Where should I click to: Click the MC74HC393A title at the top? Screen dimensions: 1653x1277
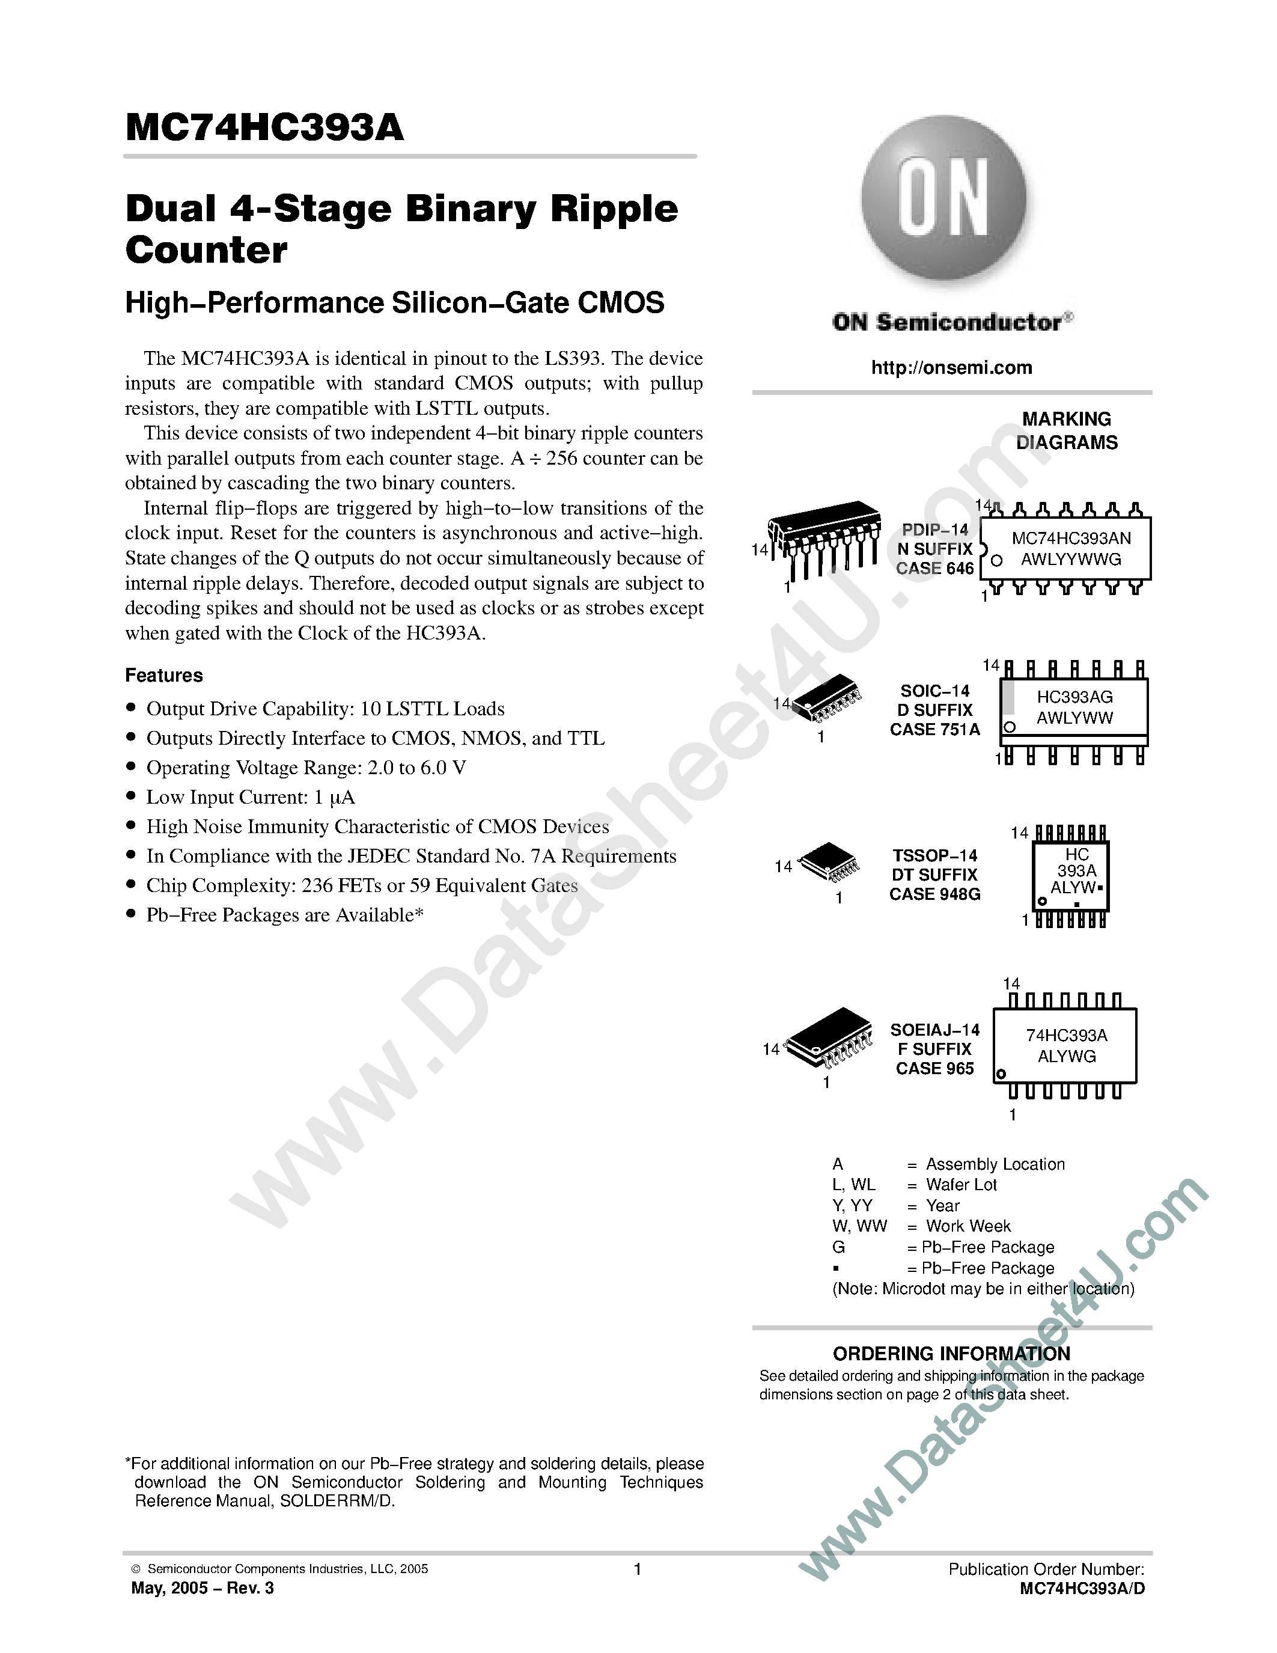point(265,128)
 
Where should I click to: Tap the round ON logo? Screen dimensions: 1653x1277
point(943,198)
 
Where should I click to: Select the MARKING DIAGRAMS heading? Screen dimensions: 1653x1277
point(1067,430)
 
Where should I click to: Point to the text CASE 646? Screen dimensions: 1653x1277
point(935,569)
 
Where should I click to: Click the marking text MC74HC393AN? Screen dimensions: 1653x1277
point(1071,538)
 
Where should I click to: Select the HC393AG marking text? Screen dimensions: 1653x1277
point(1074,697)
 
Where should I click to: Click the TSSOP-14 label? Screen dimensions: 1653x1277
point(935,855)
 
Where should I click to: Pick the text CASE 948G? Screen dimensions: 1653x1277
point(935,894)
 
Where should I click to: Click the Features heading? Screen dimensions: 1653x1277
point(164,675)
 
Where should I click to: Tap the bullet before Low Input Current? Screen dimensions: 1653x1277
point(131,796)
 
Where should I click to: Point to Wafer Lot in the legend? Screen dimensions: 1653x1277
point(962,1185)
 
